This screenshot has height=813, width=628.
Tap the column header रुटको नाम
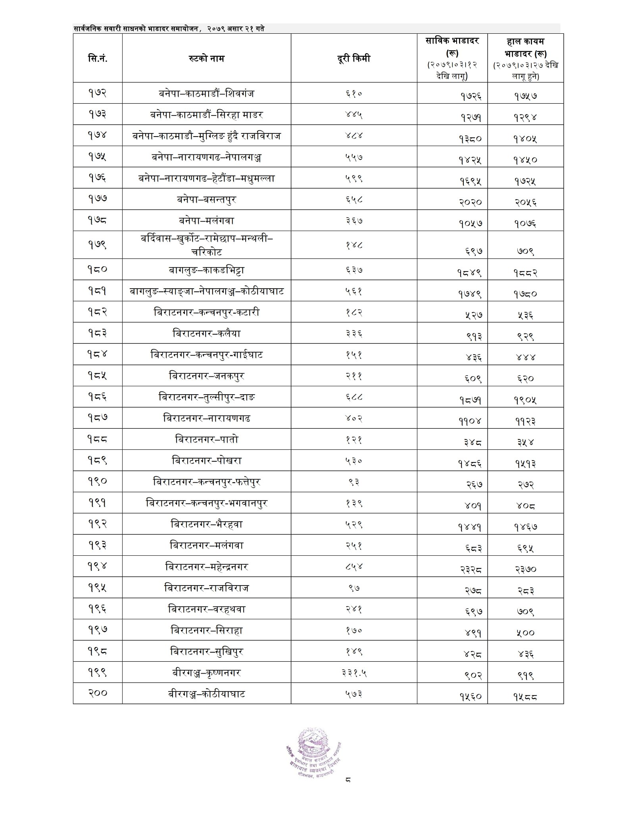[x=206, y=58]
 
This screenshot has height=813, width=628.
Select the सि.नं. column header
[x=98, y=58]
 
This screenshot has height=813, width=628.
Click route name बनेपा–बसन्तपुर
[x=206, y=199]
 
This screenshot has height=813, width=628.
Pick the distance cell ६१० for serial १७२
[x=353, y=94]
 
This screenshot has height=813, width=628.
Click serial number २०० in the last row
[x=98, y=693]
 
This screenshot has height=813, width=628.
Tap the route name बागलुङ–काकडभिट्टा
[x=206, y=270]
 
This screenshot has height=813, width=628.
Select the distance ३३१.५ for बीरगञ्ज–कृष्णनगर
[x=353, y=672]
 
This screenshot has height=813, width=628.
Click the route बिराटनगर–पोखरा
[x=206, y=460]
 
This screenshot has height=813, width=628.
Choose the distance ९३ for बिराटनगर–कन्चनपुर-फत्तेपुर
[x=353, y=482]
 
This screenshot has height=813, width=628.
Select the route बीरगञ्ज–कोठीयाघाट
[x=206, y=694]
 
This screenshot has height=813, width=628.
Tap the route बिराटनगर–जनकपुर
[x=206, y=376]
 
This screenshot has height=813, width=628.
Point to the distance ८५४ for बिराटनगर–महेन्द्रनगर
[x=353, y=566]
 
